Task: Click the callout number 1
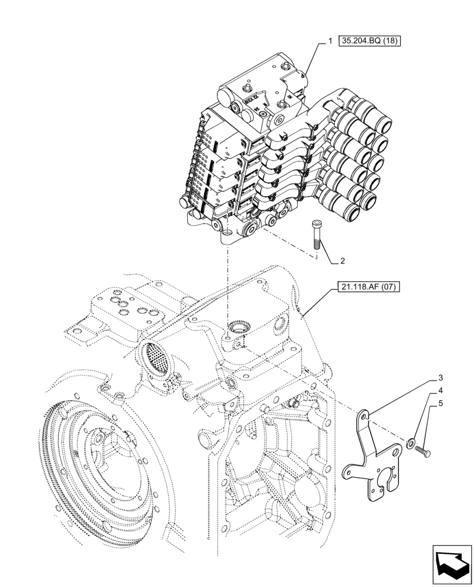(330, 41)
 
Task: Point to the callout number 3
(439, 379)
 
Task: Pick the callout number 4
(439, 391)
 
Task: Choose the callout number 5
(439, 403)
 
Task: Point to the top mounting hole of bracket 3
(365, 416)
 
